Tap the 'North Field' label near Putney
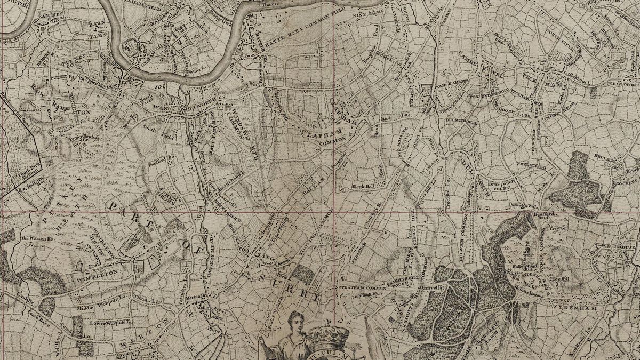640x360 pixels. [148, 97]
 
